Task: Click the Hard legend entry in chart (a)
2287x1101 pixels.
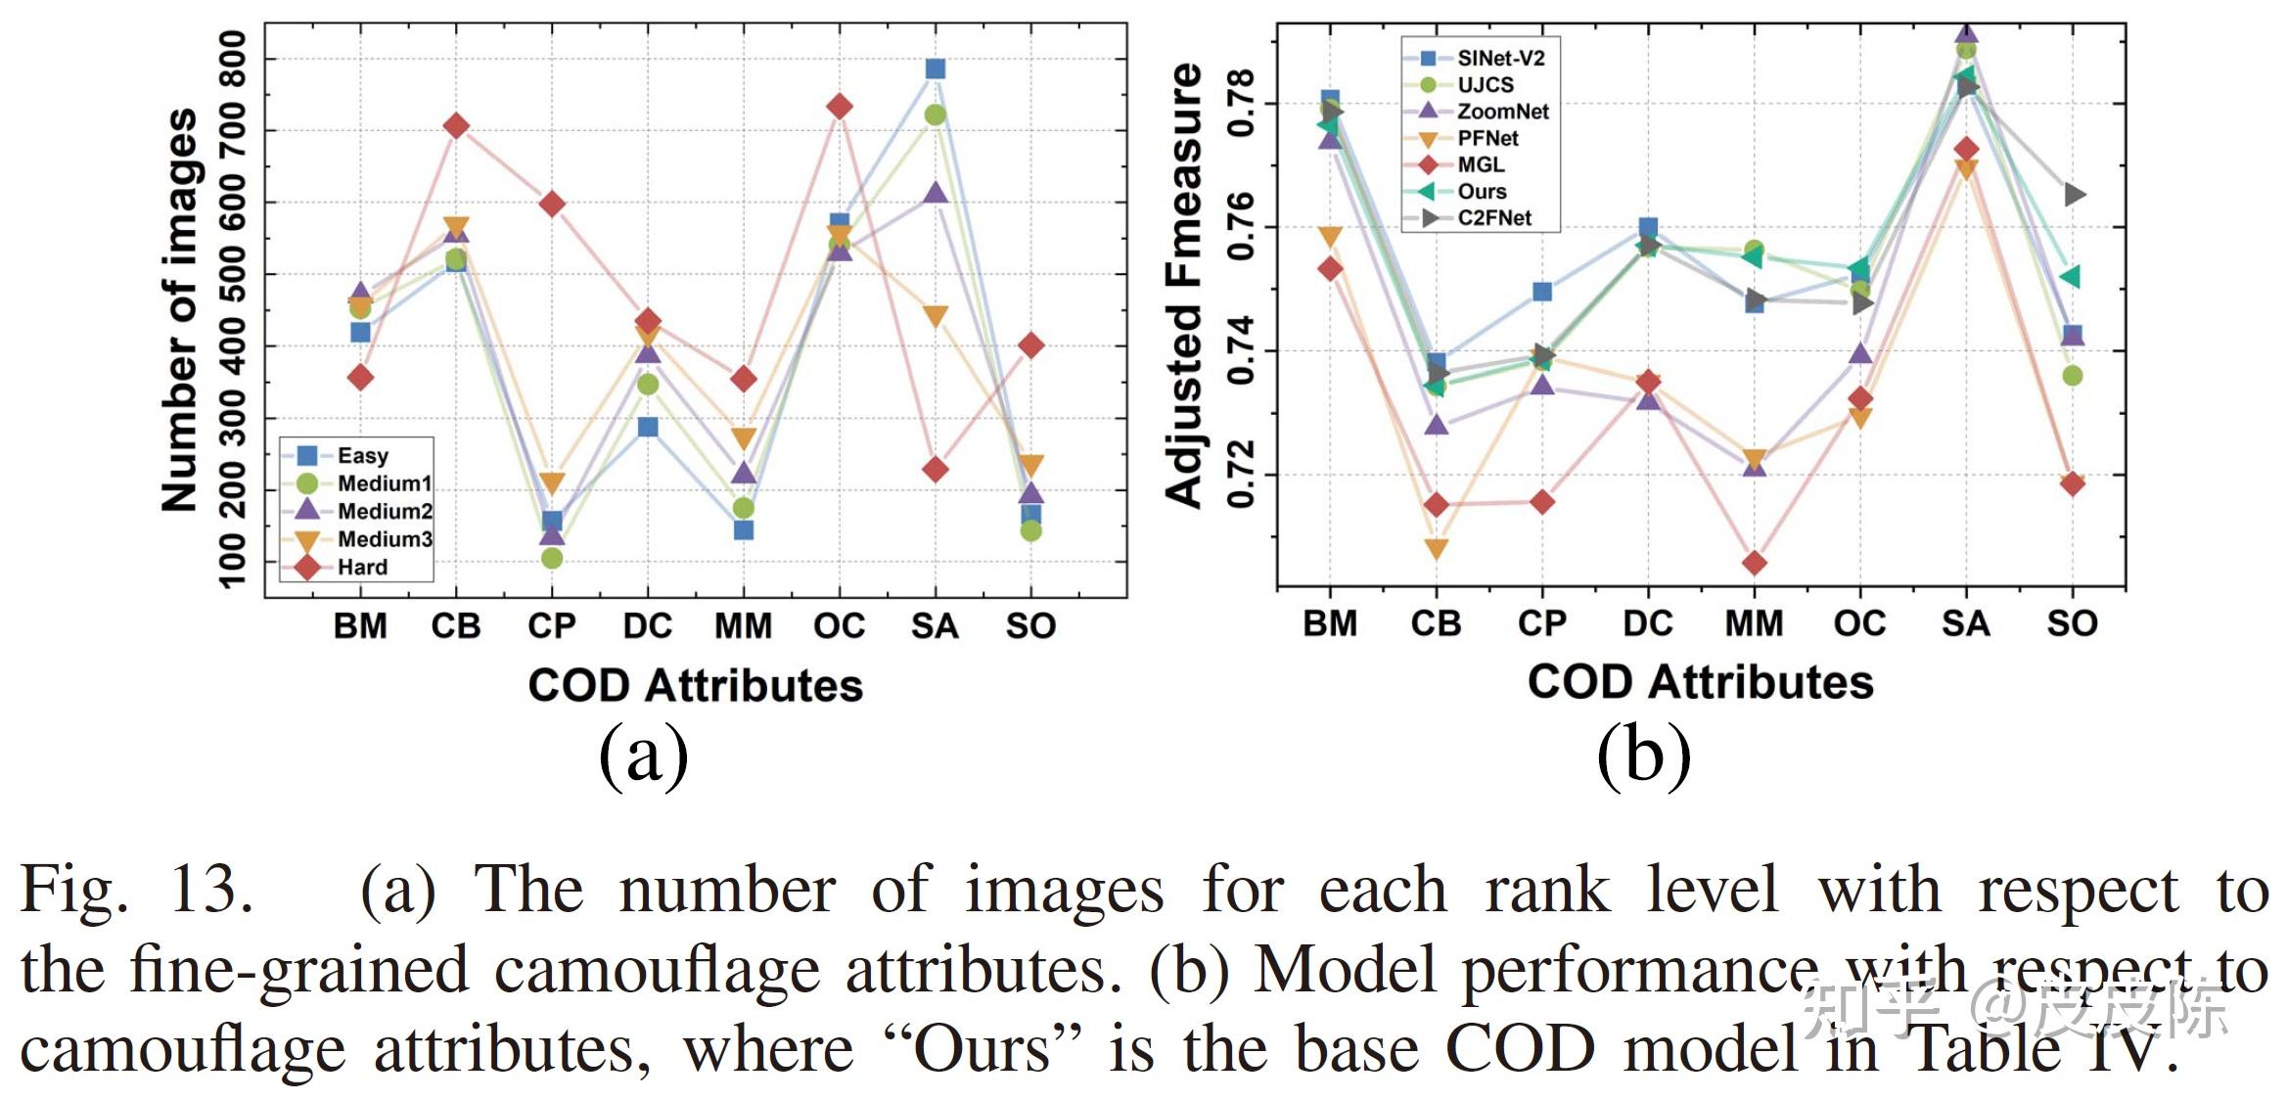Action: (361, 567)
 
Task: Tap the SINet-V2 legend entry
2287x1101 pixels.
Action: (1499, 58)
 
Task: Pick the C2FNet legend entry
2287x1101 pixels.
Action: (1493, 217)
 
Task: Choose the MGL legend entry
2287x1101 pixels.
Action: (1480, 164)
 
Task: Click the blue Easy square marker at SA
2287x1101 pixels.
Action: (935, 69)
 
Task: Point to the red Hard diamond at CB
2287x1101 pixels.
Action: (456, 125)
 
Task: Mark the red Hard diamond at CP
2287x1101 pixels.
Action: (552, 204)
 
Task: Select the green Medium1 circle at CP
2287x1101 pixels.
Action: (552, 558)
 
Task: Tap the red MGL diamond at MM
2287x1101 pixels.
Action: (1754, 563)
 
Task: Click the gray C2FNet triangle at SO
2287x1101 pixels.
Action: (2073, 195)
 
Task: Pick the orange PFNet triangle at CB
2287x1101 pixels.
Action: (1436, 549)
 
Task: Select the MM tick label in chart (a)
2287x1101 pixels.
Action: (743, 626)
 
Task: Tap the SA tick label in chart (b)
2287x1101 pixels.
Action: (1965, 623)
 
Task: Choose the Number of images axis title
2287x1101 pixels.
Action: (180, 309)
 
